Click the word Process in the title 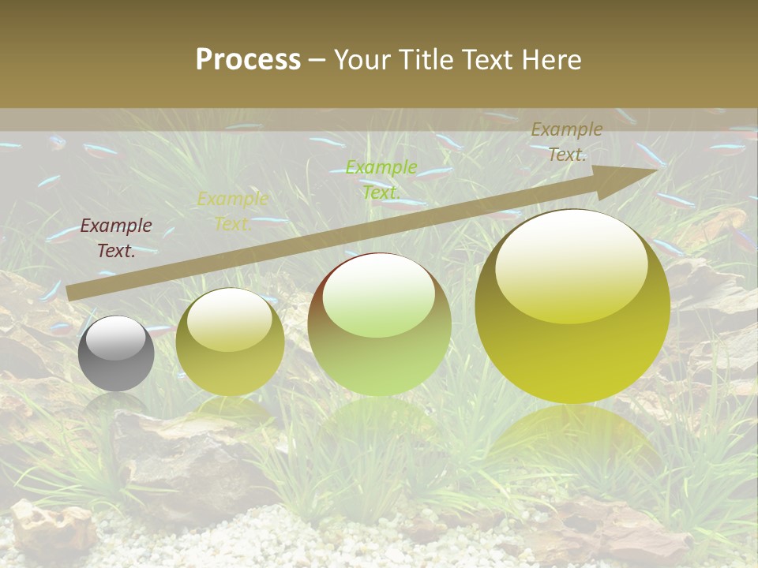pos(248,60)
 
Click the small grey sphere pos(116,354)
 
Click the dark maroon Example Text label pos(116,238)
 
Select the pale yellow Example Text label pos(232,211)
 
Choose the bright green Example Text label pos(381,179)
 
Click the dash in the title pos(317,60)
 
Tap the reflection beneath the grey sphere pos(116,404)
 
